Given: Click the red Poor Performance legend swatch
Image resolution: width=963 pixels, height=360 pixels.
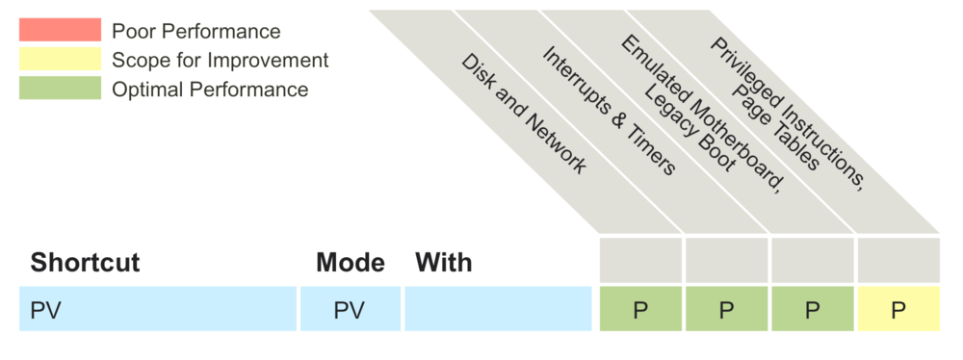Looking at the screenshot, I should tap(60, 31).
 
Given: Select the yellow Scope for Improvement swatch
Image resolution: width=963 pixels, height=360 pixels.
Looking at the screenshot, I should tap(60, 60).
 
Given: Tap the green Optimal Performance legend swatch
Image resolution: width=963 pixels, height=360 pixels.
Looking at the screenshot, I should tap(60, 89).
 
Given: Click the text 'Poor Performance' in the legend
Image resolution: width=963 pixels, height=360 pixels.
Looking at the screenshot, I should tap(195, 31).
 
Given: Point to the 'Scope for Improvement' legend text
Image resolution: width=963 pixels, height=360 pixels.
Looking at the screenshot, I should tap(220, 60).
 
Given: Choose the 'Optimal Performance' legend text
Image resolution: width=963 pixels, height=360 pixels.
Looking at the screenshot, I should tap(210, 90).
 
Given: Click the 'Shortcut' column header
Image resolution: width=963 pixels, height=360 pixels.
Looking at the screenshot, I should tap(85, 262).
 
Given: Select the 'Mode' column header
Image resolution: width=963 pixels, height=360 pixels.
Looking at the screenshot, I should tap(351, 262).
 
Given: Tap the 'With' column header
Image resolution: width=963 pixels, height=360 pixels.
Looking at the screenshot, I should tap(444, 262).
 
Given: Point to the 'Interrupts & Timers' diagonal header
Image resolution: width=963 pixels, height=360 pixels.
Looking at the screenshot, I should tap(608, 110).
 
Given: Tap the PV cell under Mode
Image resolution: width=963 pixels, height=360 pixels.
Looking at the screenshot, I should tap(351, 309).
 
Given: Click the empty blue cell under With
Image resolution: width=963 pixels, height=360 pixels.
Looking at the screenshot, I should tap(498, 309).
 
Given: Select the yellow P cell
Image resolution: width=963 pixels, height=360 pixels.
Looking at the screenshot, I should tap(898, 309).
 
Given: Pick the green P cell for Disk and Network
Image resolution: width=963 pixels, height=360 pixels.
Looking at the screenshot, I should tap(640, 309).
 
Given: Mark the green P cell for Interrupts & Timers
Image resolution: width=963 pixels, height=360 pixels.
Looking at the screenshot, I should tap(726, 309).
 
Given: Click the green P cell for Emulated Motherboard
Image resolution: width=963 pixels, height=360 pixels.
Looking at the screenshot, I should tap(812, 309).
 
